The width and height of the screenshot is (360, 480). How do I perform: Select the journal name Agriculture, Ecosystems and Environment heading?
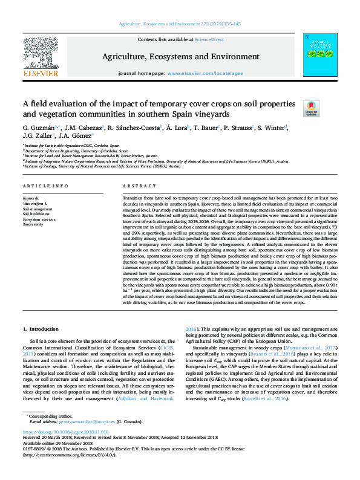tap(180, 57)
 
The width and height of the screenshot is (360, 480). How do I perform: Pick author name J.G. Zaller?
tap(38, 136)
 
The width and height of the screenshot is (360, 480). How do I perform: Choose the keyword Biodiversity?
tap(33, 224)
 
